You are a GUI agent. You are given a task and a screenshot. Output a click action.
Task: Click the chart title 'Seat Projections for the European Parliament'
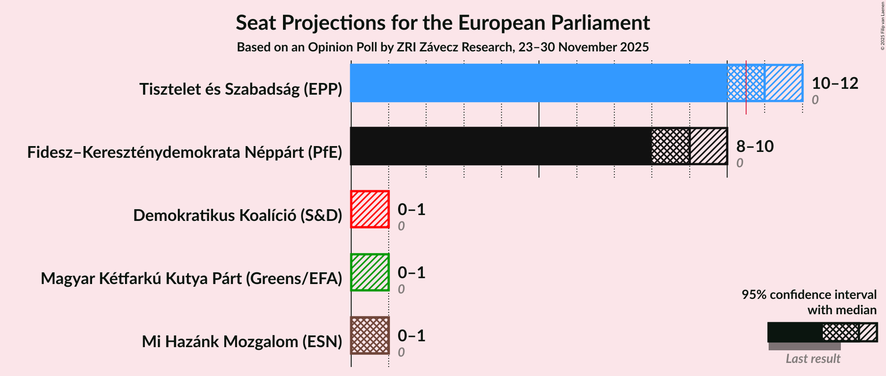tap(442, 23)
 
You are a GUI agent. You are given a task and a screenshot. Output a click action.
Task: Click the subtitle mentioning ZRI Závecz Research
tap(442, 47)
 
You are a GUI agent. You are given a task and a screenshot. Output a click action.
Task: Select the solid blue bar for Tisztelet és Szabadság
tap(537, 83)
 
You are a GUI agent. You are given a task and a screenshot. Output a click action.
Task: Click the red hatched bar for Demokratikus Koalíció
tap(370, 209)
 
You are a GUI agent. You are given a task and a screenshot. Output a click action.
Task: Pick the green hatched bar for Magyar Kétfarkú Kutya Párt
tap(370, 272)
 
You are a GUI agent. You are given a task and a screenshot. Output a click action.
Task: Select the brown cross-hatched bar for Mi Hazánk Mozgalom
tap(370, 335)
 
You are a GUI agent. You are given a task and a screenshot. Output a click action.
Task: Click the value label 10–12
tap(835, 83)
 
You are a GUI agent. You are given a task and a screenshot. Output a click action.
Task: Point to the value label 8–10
tap(755, 146)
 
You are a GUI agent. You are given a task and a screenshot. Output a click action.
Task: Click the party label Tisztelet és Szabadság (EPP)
tap(241, 89)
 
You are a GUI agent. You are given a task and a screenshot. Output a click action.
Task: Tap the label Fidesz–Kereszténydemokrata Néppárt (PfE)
tap(185, 152)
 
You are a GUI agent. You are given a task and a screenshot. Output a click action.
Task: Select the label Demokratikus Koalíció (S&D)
tap(237, 216)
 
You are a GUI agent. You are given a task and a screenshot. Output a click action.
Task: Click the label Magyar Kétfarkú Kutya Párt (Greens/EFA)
tap(191, 279)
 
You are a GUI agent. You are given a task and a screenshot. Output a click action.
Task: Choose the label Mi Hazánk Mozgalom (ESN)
tap(242, 342)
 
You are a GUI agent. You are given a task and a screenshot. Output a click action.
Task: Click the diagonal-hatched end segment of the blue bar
tap(784, 83)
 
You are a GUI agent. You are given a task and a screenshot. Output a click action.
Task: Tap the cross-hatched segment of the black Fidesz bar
tap(670, 146)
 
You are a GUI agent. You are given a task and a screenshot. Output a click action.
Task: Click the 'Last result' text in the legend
tap(812, 359)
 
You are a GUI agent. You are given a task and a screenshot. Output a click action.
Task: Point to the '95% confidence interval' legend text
tap(809, 295)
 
